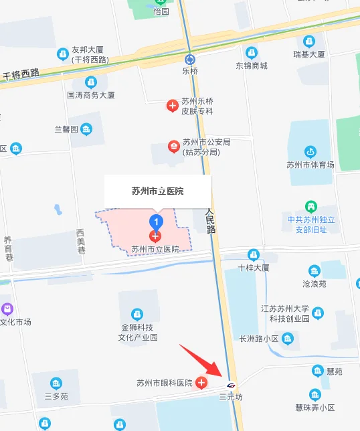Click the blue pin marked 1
click(156, 220)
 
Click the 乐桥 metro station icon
click(190, 58)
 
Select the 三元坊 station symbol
click(231, 385)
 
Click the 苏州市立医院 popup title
click(158, 191)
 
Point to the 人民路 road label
click(211, 220)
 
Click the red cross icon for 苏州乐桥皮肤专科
click(172, 106)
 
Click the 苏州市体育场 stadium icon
click(310, 152)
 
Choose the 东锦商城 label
click(251, 66)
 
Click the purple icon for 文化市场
click(7, 309)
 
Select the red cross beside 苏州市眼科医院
click(201, 383)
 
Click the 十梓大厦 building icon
click(253, 255)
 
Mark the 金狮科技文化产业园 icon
click(137, 314)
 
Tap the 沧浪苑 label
click(314, 284)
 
